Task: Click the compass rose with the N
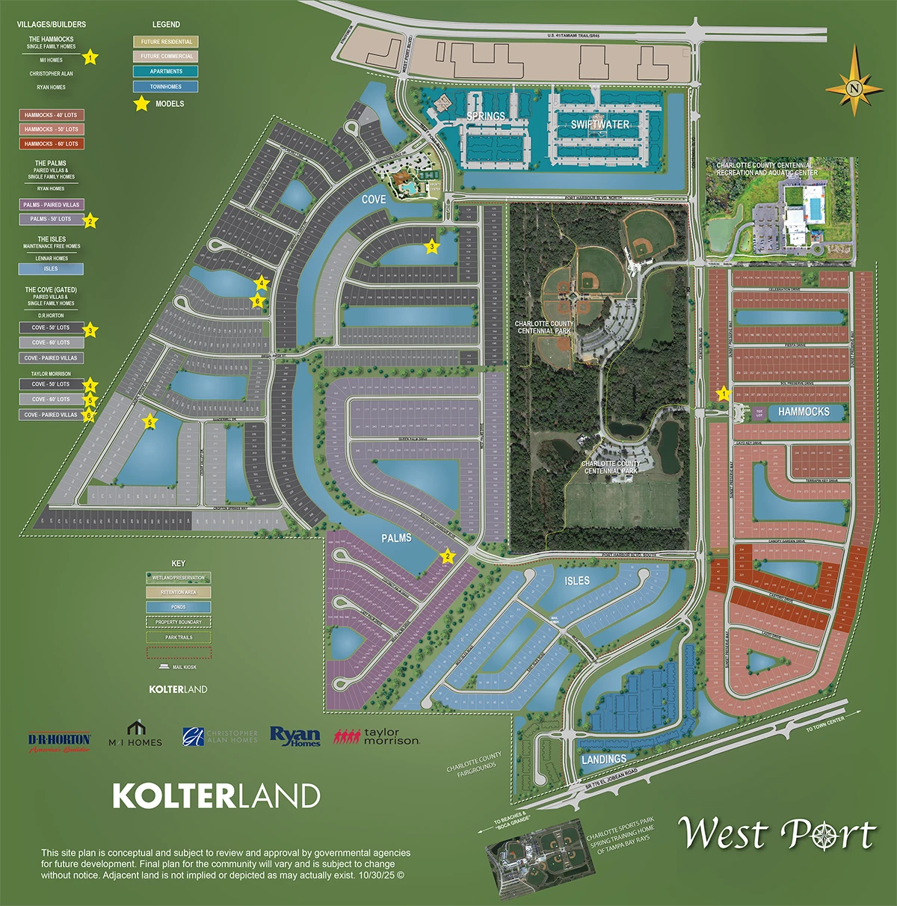(x=854, y=88)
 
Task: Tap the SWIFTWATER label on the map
(x=600, y=125)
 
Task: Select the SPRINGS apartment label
(x=486, y=117)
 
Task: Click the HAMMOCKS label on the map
(x=804, y=412)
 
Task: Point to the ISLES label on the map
(x=577, y=581)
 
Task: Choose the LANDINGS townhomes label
(x=604, y=759)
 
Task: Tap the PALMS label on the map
(x=396, y=538)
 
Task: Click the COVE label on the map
(x=374, y=200)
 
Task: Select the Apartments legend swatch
(x=166, y=71)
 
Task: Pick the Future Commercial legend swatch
(x=166, y=56)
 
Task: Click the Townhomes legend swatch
(x=166, y=87)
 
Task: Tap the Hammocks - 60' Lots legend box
(x=51, y=144)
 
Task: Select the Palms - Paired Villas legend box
(x=51, y=205)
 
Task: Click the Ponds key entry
(x=178, y=607)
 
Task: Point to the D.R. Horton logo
(x=59, y=742)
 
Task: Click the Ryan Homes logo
(x=295, y=737)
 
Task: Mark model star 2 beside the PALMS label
(x=448, y=556)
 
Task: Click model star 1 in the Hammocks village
(x=723, y=393)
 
